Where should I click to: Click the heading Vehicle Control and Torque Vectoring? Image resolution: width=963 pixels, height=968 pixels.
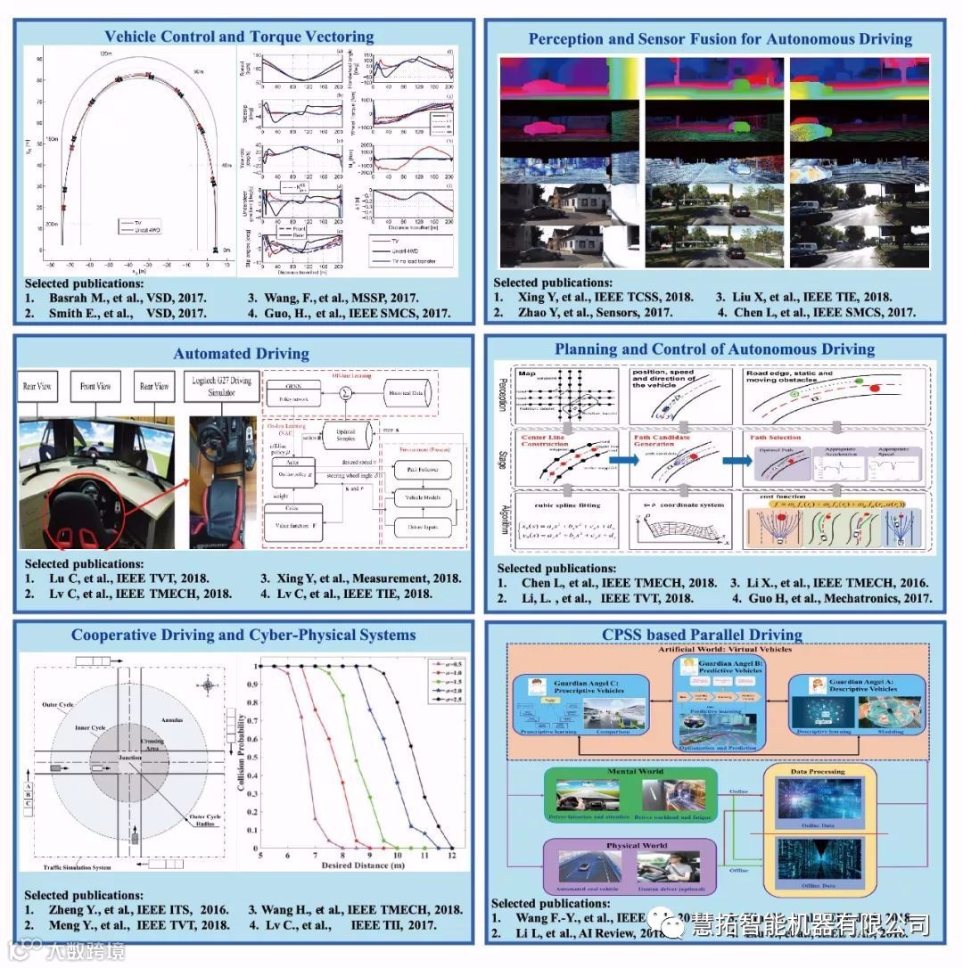(239, 37)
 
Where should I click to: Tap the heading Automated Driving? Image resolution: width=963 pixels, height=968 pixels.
(242, 353)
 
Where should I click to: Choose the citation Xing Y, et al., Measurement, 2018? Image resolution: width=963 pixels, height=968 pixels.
(360, 578)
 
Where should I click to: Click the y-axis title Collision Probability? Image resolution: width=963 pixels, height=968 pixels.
(240, 754)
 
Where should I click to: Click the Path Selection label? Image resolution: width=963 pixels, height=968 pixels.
(776, 438)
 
